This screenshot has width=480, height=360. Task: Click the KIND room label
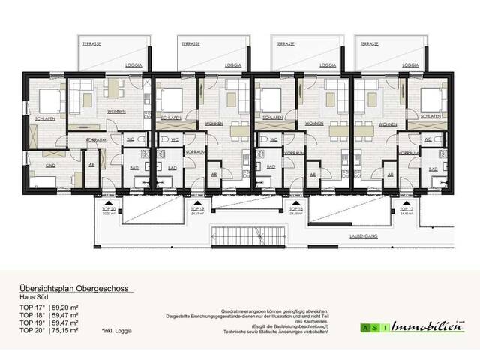tap(51, 164)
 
